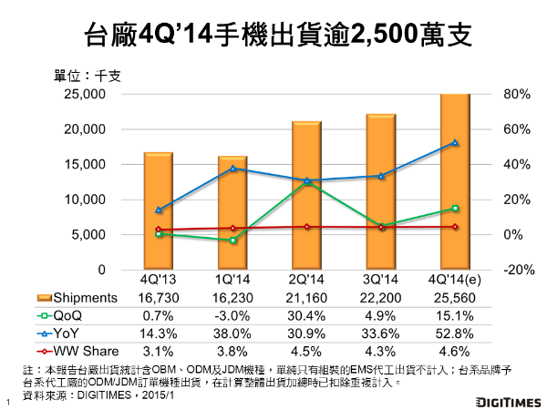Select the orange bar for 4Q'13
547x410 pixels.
(159, 210)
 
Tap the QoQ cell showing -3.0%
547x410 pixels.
(232, 313)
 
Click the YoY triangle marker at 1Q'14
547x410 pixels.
(232, 169)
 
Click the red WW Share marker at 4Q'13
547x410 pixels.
(159, 230)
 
